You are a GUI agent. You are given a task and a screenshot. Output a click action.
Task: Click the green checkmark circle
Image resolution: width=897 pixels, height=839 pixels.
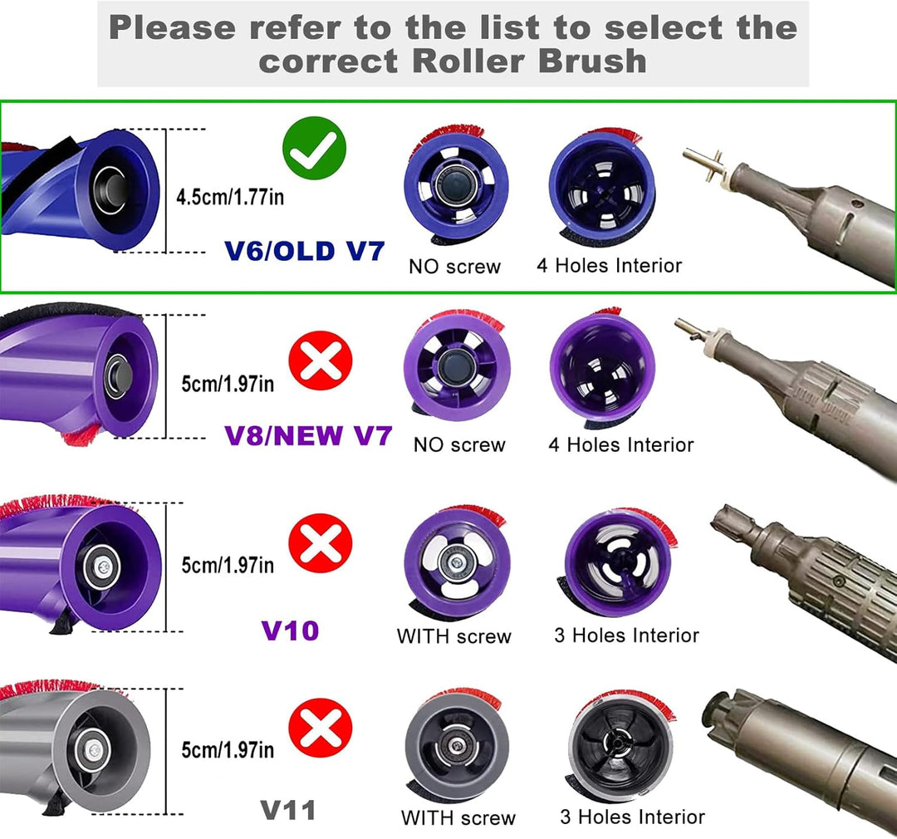[x=314, y=148]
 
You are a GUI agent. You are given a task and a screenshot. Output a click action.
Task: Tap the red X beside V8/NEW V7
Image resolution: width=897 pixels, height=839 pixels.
[x=321, y=361]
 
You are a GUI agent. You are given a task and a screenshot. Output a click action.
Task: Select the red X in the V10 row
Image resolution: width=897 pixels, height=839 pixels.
[x=321, y=543]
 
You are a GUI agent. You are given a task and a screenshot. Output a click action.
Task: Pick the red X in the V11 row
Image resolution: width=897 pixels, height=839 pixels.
[x=321, y=728]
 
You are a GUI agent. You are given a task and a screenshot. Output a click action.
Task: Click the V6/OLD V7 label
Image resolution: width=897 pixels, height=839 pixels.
[x=304, y=251]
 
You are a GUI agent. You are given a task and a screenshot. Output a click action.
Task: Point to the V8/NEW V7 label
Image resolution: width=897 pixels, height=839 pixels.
[x=308, y=436]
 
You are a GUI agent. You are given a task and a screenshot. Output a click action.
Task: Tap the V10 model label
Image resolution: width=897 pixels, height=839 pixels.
[x=290, y=630]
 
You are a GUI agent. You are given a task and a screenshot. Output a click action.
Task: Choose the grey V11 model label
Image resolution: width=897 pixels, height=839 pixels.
[x=288, y=811]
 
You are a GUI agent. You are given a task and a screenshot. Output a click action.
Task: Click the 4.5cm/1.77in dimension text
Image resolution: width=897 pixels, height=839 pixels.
[x=230, y=197]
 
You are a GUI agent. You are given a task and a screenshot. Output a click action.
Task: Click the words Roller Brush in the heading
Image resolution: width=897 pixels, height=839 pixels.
[x=529, y=61]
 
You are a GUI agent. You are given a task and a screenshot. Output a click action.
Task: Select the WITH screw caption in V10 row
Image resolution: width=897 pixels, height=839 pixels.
[x=454, y=636]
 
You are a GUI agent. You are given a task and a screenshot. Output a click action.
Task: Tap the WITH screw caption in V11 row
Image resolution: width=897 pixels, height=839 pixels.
[x=458, y=818]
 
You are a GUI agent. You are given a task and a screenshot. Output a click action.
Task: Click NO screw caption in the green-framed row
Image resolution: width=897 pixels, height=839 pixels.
[x=455, y=266]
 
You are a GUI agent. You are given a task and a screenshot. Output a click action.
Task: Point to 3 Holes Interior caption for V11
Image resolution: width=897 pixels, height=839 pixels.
[x=633, y=817]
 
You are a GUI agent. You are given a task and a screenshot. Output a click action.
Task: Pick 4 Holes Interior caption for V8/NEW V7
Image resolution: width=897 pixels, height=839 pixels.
[x=621, y=444]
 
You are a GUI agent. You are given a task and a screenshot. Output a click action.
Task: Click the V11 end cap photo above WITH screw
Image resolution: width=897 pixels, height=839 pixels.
[x=456, y=745]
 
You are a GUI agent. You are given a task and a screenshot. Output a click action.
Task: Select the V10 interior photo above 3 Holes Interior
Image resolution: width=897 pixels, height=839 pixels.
[x=618, y=562]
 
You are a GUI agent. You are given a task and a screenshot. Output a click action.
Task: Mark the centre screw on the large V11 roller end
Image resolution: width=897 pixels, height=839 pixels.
[x=94, y=750]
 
